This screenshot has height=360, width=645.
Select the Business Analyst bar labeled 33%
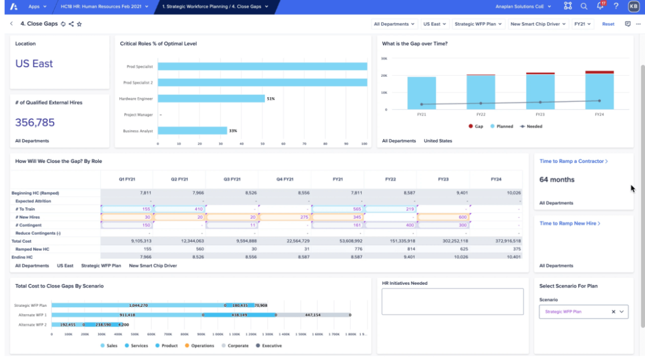[x=192, y=131]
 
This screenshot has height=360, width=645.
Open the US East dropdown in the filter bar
[x=435, y=24]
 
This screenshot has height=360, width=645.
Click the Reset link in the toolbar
[x=608, y=24]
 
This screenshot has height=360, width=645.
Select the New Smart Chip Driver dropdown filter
[x=537, y=24]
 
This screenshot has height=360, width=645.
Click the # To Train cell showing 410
[x=180, y=209]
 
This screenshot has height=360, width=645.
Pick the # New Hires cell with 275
[x=284, y=217]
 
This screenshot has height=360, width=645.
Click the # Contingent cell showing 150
[x=127, y=225]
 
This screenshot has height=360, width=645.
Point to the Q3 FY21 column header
[x=232, y=179]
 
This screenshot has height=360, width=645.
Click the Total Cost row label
[x=22, y=241]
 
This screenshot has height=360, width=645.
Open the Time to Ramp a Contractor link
[x=573, y=161]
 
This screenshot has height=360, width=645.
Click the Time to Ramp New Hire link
[x=569, y=224]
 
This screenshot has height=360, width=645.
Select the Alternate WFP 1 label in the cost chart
[x=32, y=315]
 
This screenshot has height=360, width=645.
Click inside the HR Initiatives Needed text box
[x=452, y=301]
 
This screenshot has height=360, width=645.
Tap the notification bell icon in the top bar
[x=600, y=6]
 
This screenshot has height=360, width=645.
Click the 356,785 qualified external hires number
[x=35, y=123]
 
